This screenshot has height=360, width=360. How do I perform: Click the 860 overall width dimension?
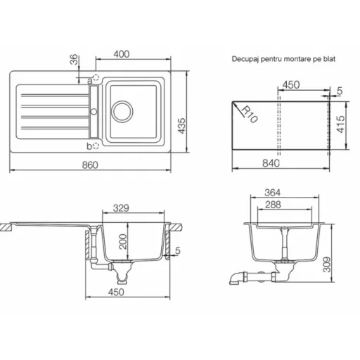(90, 165)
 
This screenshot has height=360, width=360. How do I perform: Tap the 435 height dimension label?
(181, 126)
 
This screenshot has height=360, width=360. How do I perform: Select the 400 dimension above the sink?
(122, 54)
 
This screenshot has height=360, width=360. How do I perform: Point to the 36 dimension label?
(74, 59)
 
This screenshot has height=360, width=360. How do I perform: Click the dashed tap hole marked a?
(96, 77)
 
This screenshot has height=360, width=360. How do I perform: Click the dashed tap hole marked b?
(96, 146)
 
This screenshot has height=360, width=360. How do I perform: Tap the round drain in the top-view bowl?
(122, 112)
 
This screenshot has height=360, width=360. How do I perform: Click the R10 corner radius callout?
(249, 115)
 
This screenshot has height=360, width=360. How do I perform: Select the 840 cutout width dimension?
(271, 163)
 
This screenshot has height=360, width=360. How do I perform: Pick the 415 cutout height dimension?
(341, 124)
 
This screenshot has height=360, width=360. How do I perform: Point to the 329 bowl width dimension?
(121, 207)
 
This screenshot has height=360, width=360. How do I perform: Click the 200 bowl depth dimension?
(123, 242)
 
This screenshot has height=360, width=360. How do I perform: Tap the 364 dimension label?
(272, 193)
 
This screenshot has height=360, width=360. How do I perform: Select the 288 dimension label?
(273, 205)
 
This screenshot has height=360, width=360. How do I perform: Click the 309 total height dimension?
(327, 264)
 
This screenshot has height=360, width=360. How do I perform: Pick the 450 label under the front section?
(116, 292)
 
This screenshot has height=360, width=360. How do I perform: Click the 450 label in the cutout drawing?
(291, 84)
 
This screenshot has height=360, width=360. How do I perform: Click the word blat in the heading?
(329, 58)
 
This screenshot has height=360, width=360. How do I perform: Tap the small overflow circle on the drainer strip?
(94, 112)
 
